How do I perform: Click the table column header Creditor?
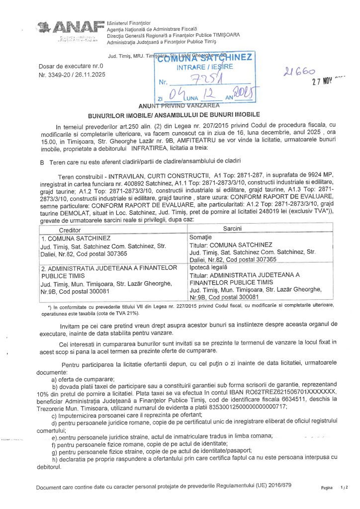[73, 231]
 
